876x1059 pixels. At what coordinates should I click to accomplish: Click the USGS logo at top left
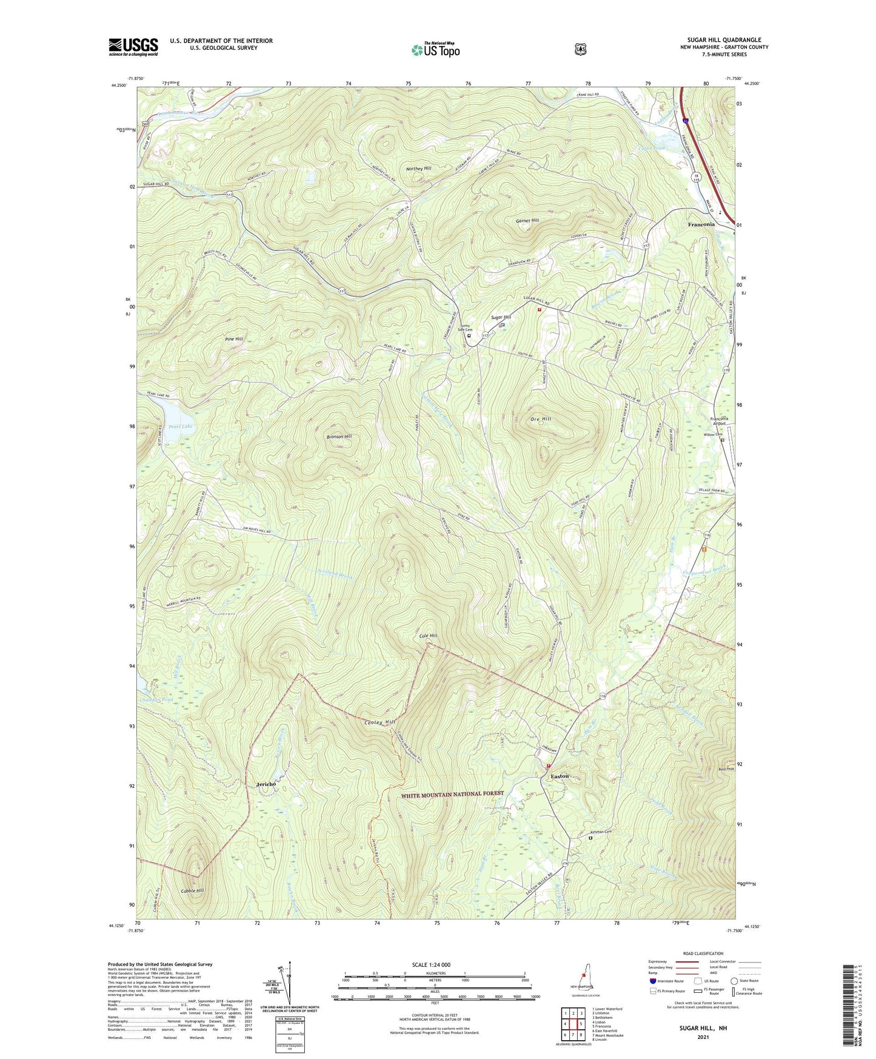click(x=133, y=47)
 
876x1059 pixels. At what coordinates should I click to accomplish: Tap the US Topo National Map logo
click(x=435, y=49)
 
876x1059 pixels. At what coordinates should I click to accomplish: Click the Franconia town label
click(x=701, y=224)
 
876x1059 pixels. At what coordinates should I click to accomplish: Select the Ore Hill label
click(x=541, y=419)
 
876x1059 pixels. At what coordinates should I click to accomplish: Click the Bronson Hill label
click(x=339, y=437)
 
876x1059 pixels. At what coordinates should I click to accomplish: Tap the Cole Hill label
click(x=428, y=636)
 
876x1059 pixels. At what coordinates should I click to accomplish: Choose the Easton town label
click(x=560, y=776)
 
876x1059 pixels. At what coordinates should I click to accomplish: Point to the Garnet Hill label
click(x=527, y=221)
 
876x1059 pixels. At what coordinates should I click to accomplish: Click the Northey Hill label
click(x=419, y=168)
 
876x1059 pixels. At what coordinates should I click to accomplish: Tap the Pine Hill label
click(x=233, y=339)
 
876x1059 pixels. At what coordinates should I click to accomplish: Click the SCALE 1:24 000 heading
click(x=431, y=964)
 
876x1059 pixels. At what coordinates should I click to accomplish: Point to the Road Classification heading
click(x=703, y=953)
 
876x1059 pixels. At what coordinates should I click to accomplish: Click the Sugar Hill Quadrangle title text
click(x=724, y=40)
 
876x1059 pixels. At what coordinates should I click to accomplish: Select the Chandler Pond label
click(x=156, y=700)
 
